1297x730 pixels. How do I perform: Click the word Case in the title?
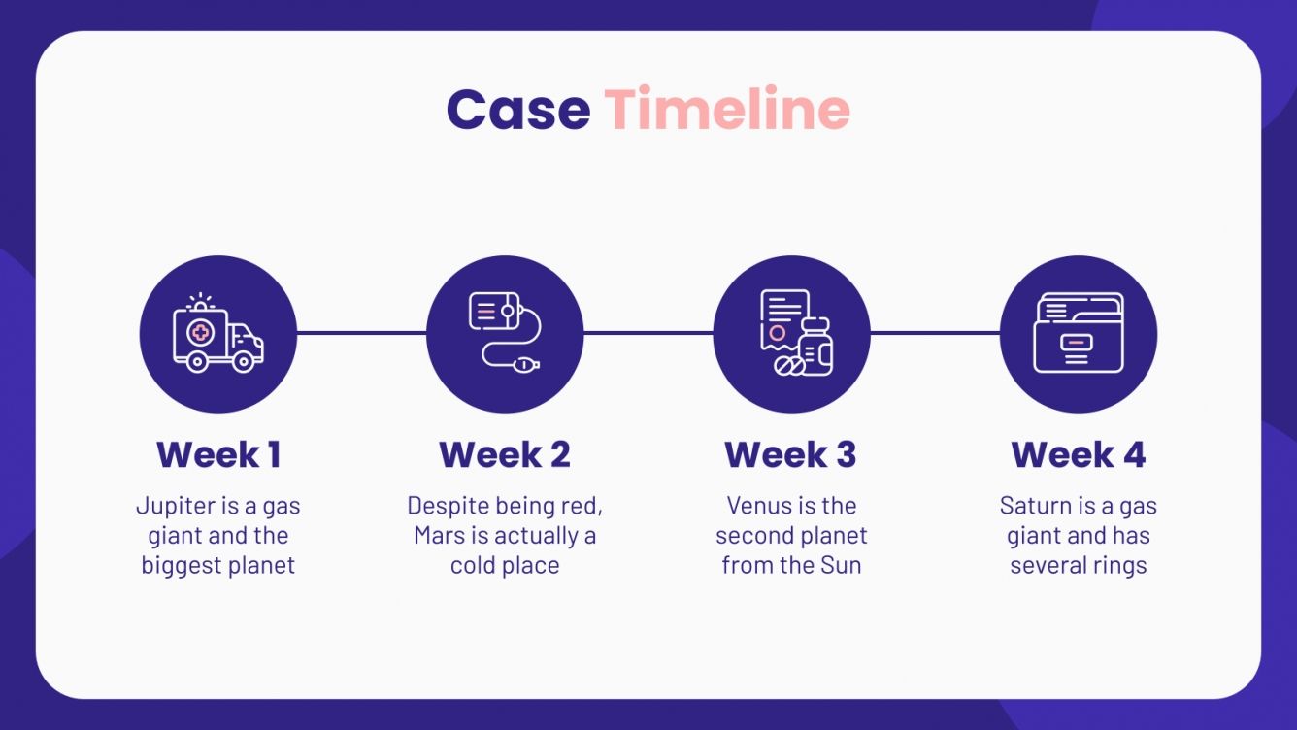[x=517, y=110]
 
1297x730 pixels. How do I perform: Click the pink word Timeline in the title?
[x=727, y=110]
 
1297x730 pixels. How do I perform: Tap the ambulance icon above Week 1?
[x=217, y=334]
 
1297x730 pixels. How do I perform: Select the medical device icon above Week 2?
[x=505, y=334]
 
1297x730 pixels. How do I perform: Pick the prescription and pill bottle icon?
[x=791, y=334]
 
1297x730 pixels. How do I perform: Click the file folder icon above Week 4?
[x=1078, y=334]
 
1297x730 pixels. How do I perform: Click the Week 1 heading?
[x=217, y=454]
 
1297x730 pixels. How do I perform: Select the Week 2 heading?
[x=505, y=454]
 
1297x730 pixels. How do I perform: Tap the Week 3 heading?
[x=791, y=454]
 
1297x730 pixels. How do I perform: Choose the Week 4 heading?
[x=1078, y=454]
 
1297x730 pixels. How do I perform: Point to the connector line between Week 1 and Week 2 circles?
[x=361, y=333]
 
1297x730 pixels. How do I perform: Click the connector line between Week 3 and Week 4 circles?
[x=935, y=333]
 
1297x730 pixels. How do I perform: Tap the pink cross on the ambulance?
[x=201, y=332]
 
